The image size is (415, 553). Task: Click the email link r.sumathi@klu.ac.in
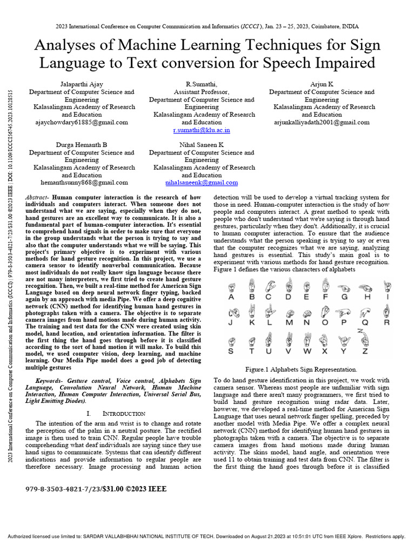[202, 131]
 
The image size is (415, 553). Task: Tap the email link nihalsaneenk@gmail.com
[202, 183]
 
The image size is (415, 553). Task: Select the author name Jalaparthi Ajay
[82, 84]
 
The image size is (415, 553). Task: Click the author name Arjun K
[322, 84]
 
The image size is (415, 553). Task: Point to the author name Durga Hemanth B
[82, 145]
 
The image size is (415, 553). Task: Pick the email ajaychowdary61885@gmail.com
[82, 123]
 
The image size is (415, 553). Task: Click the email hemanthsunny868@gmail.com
[82, 183]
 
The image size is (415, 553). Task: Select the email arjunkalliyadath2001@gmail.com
[322, 123]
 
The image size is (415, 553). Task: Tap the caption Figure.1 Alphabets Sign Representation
[301, 369]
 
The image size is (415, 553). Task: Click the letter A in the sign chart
[231, 296]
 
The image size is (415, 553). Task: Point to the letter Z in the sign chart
[365, 351]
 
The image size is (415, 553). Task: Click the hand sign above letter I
[386, 285]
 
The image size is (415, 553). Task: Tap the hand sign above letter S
[231, 341]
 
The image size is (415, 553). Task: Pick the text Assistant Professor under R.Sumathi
[202, 92]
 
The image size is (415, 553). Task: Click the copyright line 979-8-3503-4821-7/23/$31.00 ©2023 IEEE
[96, 489]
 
